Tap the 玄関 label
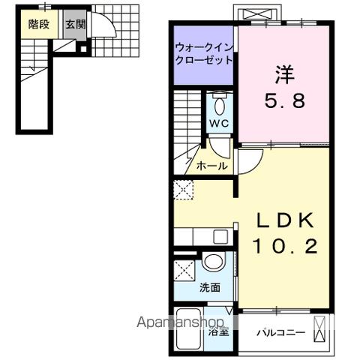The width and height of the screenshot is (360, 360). coord(75,25)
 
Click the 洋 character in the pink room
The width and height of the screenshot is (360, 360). coord(283,74)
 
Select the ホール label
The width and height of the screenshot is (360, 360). coord(212,166)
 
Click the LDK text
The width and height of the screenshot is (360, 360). coord(283,219)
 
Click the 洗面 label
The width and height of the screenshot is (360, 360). coord(210,287)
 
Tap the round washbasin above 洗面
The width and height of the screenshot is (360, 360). coord(214,262)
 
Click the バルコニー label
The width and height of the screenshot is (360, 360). coord(280,331)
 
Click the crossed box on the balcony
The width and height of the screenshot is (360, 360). coord(319,330)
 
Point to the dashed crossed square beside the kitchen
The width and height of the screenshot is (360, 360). coord(182,190)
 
